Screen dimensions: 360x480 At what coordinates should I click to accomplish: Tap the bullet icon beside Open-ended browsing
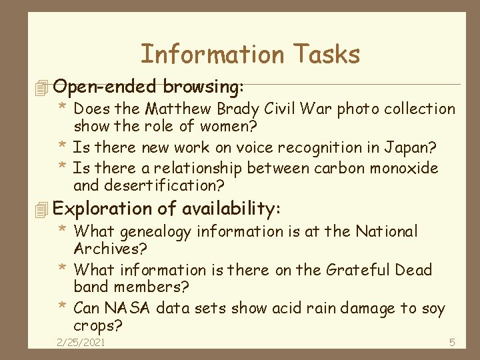pyautogui.click(x=44, y=87)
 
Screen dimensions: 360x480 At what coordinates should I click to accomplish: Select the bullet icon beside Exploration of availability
pyautogui.click(x=44, y=209)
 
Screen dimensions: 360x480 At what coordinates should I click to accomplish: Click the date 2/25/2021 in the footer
pyautogui.click(x=81, y=343)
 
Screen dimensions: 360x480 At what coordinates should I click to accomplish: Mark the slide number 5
pyautogui.click(x=451, y=343)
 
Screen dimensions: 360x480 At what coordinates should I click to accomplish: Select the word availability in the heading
pyautogui.click(x=228, y=209)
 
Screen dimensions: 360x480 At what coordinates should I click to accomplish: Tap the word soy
pyautogui.click(x=432, y=309)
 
